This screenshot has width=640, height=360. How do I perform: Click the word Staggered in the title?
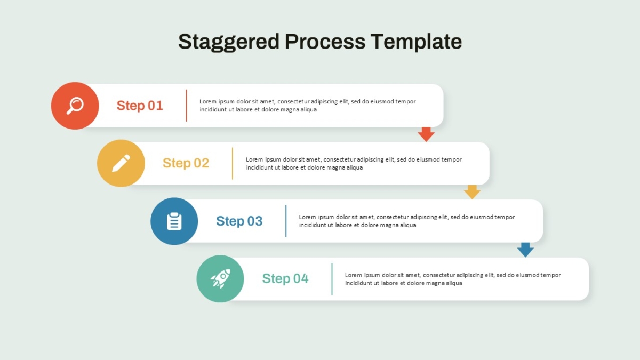[x=229, y=42]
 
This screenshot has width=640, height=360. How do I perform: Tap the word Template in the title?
[x=417, y=42]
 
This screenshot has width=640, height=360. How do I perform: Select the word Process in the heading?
[x=325, y=42]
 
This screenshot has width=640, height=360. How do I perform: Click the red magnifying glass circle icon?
[x=75, y=106]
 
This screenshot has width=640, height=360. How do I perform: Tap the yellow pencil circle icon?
[x=121, y=163]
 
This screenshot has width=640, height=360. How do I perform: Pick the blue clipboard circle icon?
[x=174, y=221]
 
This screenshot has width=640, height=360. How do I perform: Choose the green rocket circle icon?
[x=220, y=279]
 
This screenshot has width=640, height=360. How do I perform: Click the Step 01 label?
[x=140, y=106]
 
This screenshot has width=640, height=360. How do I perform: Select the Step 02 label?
[x=186, y=163]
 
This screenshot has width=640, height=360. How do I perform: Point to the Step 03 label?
[x=239, y=221]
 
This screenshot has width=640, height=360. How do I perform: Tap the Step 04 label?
[x=285, y=278]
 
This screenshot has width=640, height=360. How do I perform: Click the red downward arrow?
[x=426, y=134]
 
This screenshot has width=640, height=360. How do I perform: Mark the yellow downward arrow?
[x=473, y=192]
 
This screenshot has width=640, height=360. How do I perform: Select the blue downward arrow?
[x=525, y=250]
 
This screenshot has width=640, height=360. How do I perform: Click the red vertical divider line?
[x=187, y=106]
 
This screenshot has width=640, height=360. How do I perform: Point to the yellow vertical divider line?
[x=233, y=163]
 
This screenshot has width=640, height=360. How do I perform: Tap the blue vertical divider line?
[x=286, y=221]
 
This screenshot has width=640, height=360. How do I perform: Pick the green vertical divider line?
[x=332, y=279]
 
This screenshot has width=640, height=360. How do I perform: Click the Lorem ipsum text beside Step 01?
[x=307, y=106]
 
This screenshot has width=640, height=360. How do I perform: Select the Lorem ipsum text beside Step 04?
[x=453, y=279]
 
